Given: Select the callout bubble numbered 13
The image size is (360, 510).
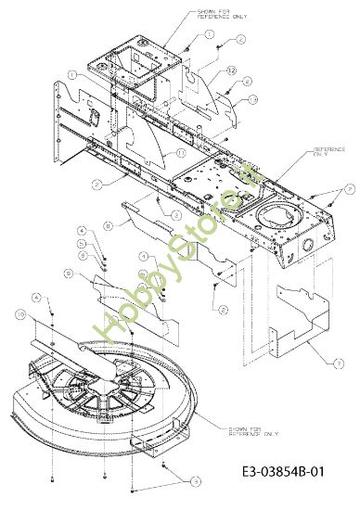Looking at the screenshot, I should click(x=253, y=99).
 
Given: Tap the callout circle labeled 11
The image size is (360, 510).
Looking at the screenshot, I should click(x=181, y=151).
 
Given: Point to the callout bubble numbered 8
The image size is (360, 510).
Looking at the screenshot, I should click(x=108, y=224).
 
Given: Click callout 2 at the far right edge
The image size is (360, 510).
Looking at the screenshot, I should click(x=348, y=189).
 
